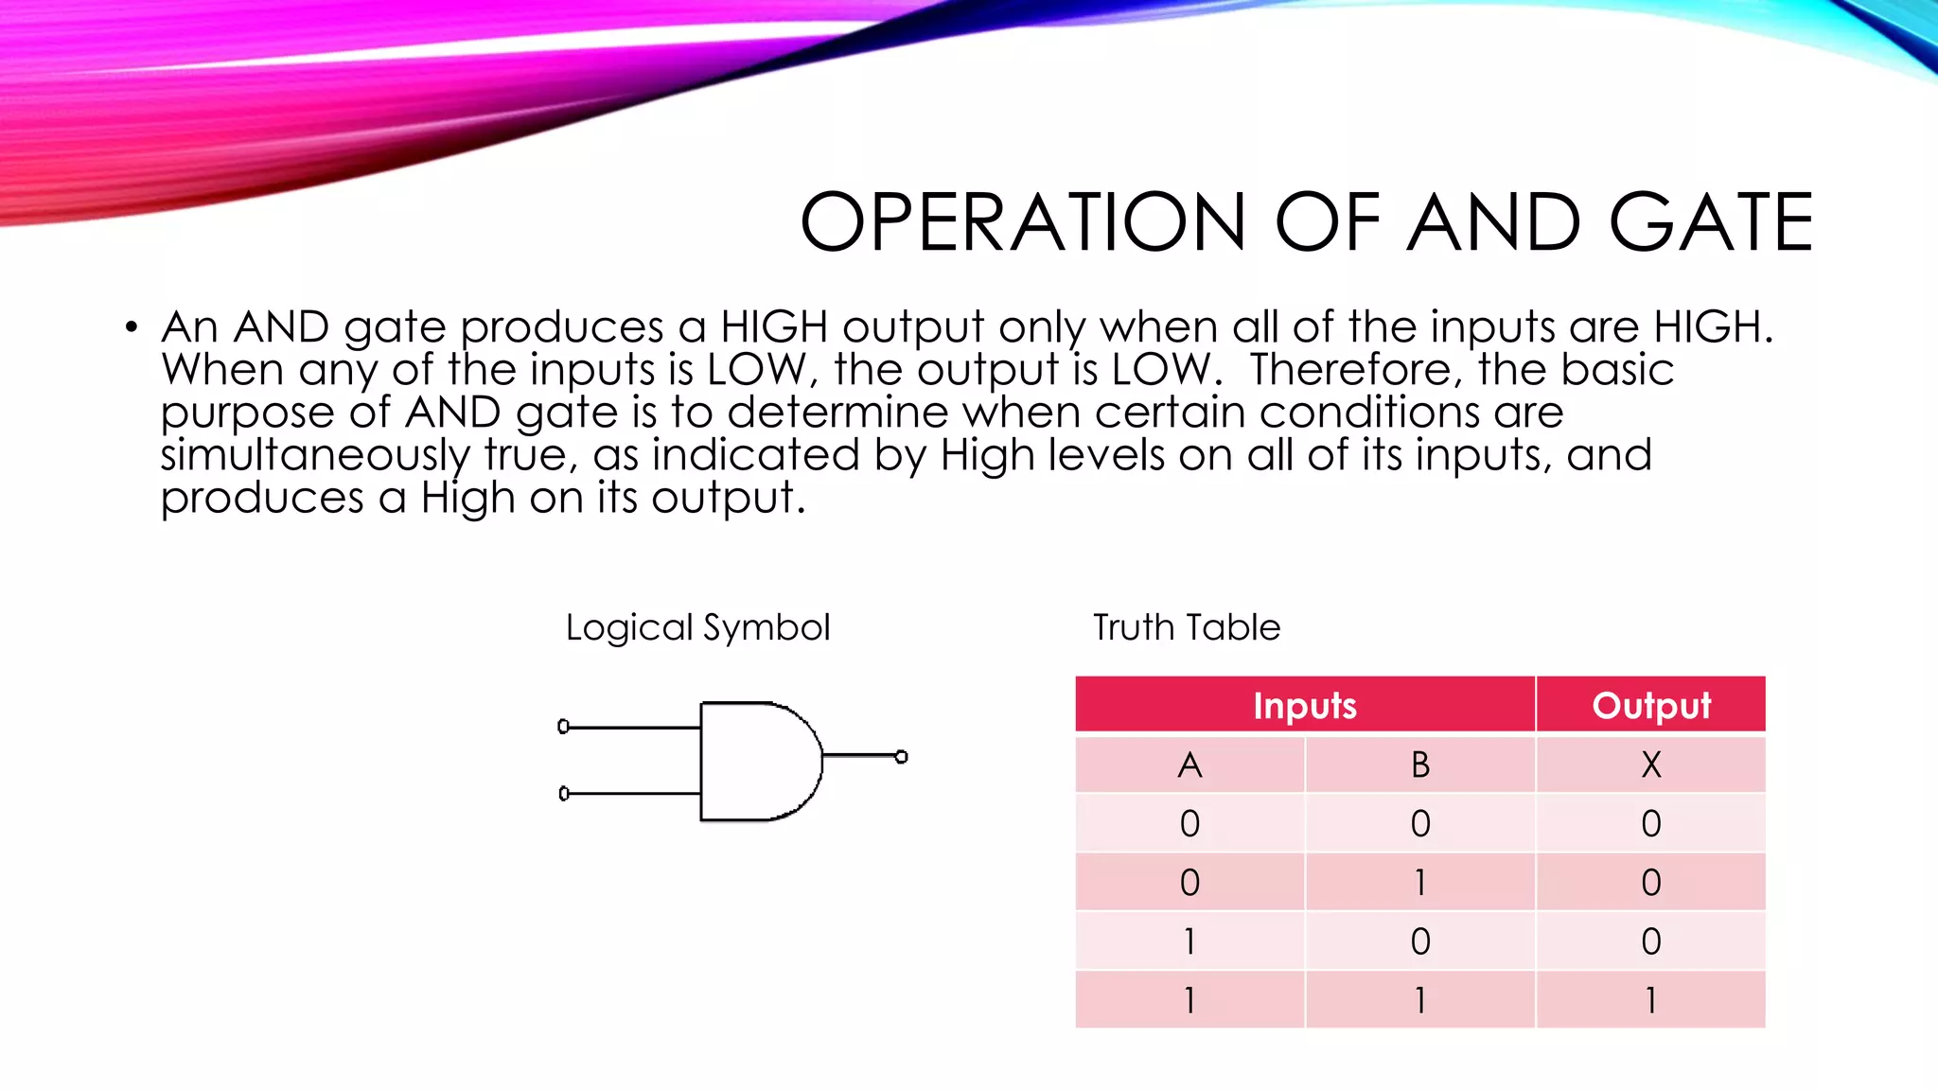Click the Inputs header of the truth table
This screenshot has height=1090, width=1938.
1305,705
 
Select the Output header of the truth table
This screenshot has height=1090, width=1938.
1651,705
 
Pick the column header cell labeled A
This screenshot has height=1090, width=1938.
1189,765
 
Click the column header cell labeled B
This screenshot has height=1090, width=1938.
1420,765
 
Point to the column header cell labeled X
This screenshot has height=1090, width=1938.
1651,765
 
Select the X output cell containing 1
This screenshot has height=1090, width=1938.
1651,1000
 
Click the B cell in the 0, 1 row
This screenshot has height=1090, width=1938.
1420,882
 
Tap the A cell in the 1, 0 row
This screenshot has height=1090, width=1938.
1189,941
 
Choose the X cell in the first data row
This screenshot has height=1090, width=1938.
1651,823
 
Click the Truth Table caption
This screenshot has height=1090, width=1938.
1187,627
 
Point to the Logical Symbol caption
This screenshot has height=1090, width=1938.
697,627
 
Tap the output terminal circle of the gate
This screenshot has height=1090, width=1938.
902,757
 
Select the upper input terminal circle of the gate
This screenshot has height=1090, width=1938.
564,727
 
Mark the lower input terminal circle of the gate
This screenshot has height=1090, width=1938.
564,794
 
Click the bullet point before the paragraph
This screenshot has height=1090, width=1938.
132,328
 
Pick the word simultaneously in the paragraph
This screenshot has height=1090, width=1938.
314,455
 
